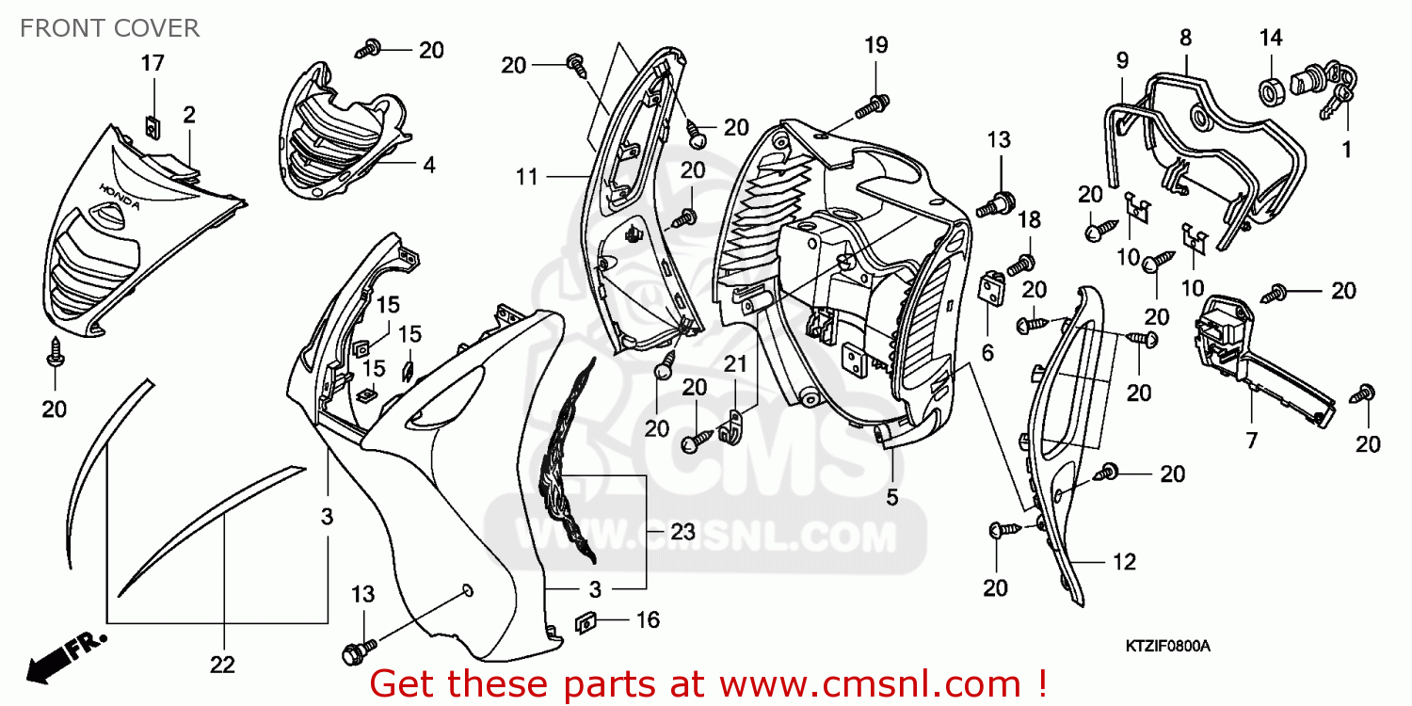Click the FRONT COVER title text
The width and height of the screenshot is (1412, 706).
pyautogui.click(x=109, y=28)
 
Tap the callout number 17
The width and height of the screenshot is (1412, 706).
pyautogui.click(x=152, y=63)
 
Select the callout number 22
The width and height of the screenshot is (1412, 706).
pyautogui.click(x=221, y=665)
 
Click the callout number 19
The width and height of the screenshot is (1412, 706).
pyautogui.click(x=875, y=44)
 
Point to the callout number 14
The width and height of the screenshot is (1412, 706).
pyautogui.click(x=1271, y=38)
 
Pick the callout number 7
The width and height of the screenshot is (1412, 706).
pyautogui.click(x=1251, y=441)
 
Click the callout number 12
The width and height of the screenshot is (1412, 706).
pyautogui.click(x=1124, y=562)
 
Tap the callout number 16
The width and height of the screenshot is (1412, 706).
pyautogui.click(x=648, y=619)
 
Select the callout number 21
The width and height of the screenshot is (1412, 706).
pyautogui.click(x=734, y=364)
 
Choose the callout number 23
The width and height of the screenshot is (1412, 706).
pyautogui.click(x=682, y=532)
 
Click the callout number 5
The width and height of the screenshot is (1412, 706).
pyautogui.click(x=891, y=498)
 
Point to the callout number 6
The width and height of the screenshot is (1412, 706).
pyautogui.click(x=987, y=352)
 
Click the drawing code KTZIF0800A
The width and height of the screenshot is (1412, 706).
pyautogui.click(x=1167, y=647)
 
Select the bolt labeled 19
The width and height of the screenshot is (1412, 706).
pyautogui.click(x=872, y=105)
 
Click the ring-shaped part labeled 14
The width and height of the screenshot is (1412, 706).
pyautogui.click(x=1273, y=92)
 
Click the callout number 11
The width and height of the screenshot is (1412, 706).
pyautogui.click(x=526, y=176)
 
